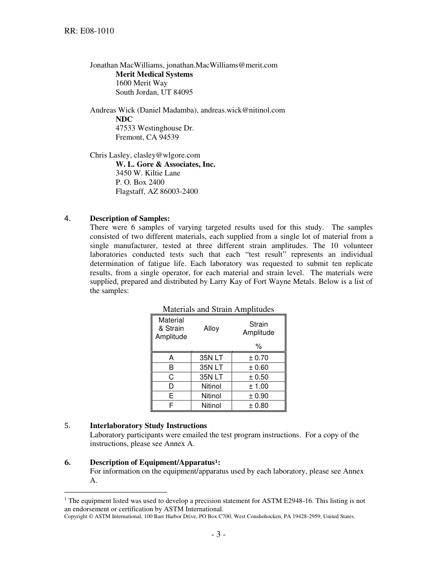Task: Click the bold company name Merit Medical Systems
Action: [x=154, y=74]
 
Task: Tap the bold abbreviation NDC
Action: [x=124, y=119]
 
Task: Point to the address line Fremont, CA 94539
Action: [x=147, y=137]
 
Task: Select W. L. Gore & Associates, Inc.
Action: [x=165, y=164]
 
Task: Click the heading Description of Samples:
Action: [x=130, y=218]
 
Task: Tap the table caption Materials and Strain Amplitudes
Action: [x=218, y=309]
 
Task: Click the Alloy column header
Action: [x=211, y=328]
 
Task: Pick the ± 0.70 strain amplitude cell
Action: [x=259, y=358]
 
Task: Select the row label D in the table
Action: [x=171, y=386]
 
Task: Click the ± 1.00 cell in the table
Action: [x=259, y=386]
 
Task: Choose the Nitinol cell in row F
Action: [x=211, y=405]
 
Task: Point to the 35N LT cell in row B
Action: [x=211, y=367]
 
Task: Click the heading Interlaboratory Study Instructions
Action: [x=148, y=425]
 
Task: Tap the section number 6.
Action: [x=68, y=462]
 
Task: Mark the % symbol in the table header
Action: [x=259, y=346]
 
